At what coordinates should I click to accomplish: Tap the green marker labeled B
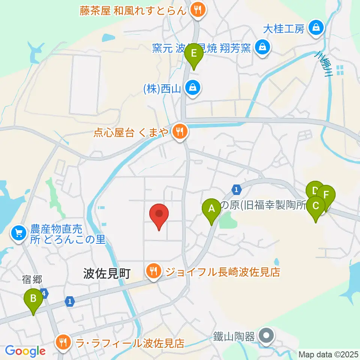click(x=33, y=299)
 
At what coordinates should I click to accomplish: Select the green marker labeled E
click(x=194, y=54)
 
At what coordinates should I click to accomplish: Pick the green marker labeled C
click(x=316, y=206)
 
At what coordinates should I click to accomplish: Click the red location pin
click(x=159, y=214)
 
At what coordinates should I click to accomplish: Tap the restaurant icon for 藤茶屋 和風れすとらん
click(x=197, y=10)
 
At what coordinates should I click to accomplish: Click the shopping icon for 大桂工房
click(x=316, y=28)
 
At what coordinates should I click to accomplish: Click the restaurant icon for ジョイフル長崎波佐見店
click(x=153, y=271)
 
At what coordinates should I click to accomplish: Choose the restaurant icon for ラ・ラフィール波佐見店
click(x=63, y=342)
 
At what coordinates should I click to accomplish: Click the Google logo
click(x=25, y=351)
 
